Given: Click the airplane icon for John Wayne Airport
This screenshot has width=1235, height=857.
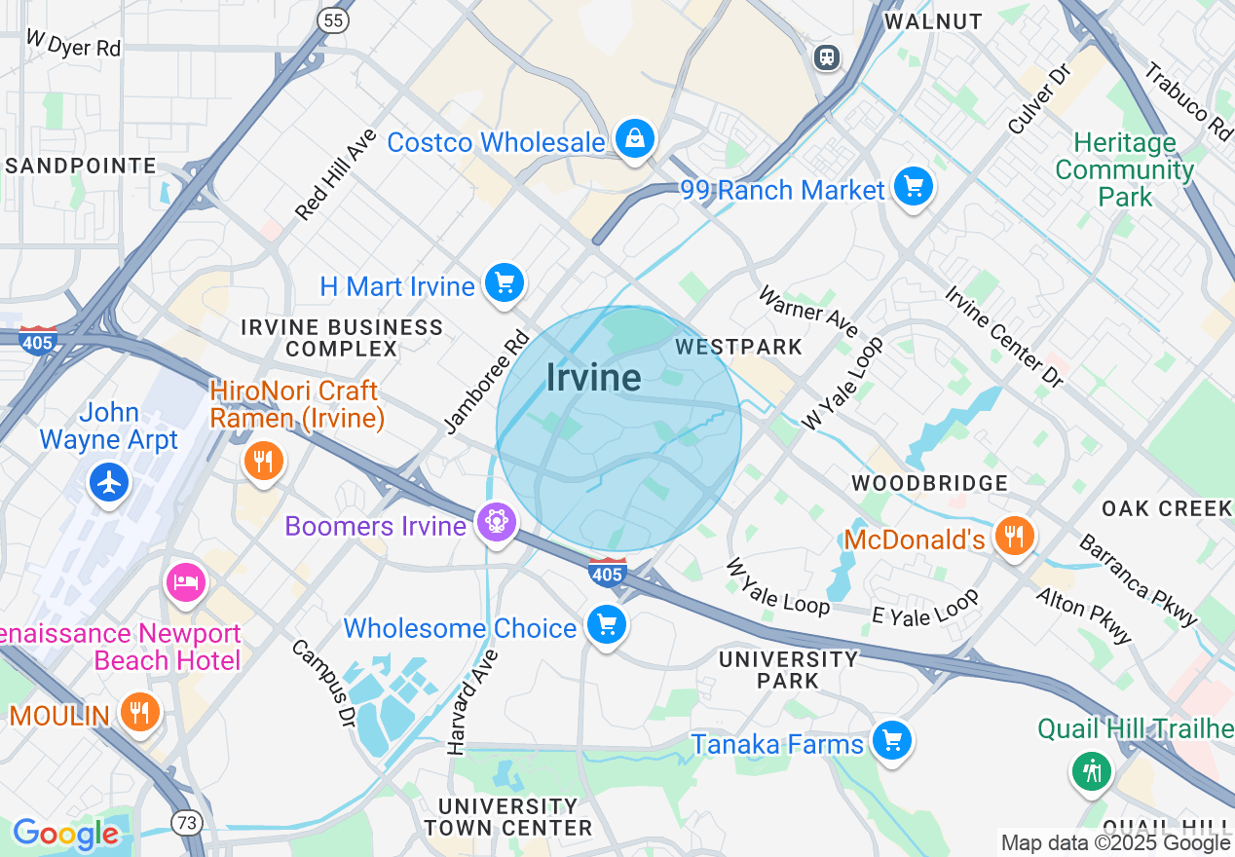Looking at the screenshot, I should click(108, 481).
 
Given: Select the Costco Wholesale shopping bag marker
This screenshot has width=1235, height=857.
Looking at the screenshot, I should click(635, 140).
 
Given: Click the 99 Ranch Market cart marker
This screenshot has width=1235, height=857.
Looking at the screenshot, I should click(913, 187).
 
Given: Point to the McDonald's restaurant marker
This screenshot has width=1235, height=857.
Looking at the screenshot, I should click(1014, 537).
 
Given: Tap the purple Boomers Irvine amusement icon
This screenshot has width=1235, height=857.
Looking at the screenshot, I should click(497, 524).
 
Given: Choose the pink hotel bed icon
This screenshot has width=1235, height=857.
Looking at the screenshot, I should click(185, 582).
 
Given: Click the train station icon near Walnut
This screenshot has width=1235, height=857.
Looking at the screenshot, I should click(827, 57).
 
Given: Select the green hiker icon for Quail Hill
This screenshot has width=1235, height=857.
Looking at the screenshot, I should click(1091, 770).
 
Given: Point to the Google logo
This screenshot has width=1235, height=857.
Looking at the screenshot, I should click(65, 834).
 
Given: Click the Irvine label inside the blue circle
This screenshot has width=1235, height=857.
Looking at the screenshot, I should click(593, 378).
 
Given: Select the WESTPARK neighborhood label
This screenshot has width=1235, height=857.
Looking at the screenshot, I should click(738, 347).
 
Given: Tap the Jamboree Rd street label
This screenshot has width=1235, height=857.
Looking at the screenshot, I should click(485, 382).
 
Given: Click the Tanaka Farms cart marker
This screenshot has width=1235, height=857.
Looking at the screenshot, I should click(891, 741).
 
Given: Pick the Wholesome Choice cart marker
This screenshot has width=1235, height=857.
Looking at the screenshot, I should click(607, 625).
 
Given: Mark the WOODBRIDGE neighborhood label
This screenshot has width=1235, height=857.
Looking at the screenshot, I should click(929, 483).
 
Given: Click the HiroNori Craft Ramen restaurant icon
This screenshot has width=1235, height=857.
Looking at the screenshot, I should click(262, 461).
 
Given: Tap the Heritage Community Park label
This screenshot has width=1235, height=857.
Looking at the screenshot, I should click(1124, 169).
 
